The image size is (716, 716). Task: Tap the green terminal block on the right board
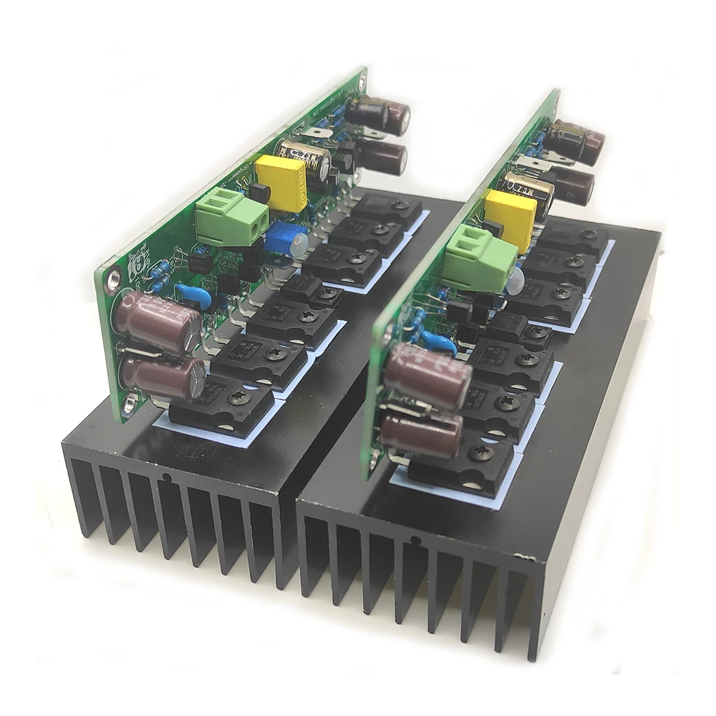pos(478,258)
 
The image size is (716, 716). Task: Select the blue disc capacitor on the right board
pos(437,343)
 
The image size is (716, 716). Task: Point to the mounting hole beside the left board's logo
pos(112,281)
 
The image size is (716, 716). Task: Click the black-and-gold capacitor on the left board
pos(306,162)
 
